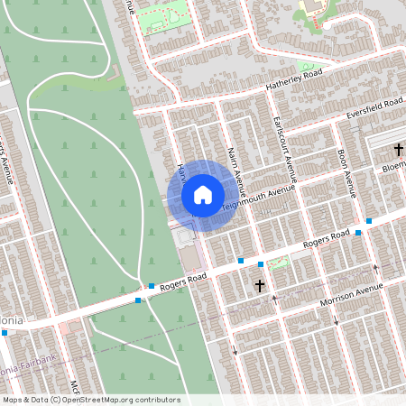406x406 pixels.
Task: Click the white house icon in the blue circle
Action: [203, 195]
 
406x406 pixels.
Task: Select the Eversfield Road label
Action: [374, 111]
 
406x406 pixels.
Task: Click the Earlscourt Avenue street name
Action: [285, 148]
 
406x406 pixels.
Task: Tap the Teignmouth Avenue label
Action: [259, 198]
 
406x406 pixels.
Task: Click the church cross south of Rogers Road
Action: [260, 285]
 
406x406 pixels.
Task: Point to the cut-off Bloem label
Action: [393, 168]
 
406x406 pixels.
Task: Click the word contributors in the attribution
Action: [156, 400]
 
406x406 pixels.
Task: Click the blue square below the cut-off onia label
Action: [5, 332]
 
